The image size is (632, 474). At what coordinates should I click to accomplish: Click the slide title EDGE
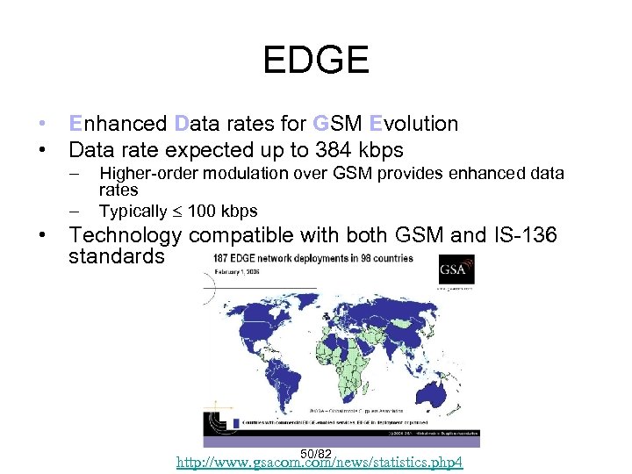click(316, 61)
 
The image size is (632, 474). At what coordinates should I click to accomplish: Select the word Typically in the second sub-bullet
click(133, 211)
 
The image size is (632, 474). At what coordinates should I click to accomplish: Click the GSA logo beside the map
click(456, 272)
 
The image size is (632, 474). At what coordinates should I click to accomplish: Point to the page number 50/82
click(315, 453)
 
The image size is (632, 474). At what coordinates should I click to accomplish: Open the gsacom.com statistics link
click(320, 463)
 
